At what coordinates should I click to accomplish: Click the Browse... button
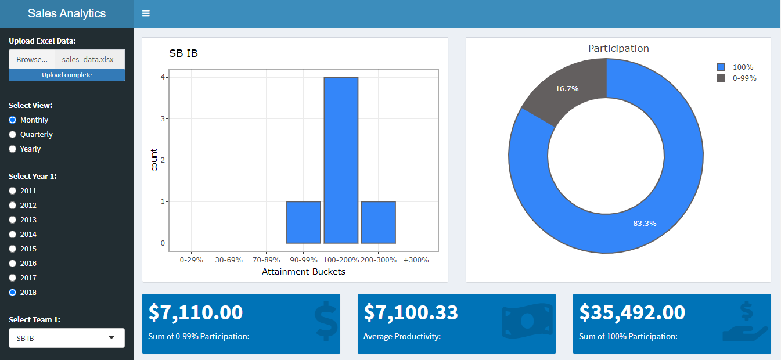tap(32, 59)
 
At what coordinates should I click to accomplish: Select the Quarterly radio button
tap(13, 134)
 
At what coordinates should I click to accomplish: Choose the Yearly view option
tap(13, 149)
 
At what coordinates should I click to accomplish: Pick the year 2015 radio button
tap(13, 249)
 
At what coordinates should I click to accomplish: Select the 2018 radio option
tap(13, 292)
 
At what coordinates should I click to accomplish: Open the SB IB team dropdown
tap(67, 338)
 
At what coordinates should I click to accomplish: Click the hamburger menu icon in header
tap(146, 13)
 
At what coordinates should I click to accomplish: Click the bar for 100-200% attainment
tap(341, 160)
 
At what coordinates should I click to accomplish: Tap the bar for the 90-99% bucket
tap(303, 222)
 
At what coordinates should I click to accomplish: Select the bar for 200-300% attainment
tap(379, 222)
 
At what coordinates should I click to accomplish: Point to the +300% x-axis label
tap(416, 260)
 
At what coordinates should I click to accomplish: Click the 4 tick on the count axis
tap(163, 77)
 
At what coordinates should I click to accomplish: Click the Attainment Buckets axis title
tap(303, 271)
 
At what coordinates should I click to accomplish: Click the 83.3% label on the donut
tap(645, 223)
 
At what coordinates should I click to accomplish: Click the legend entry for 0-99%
tap(744, 78)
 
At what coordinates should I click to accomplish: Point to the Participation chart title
tap(618, 48)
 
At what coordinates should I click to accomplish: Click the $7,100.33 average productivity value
tap(411, 312)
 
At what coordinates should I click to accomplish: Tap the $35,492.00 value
tap(632, 312)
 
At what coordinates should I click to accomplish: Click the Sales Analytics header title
tap(67, 13)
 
